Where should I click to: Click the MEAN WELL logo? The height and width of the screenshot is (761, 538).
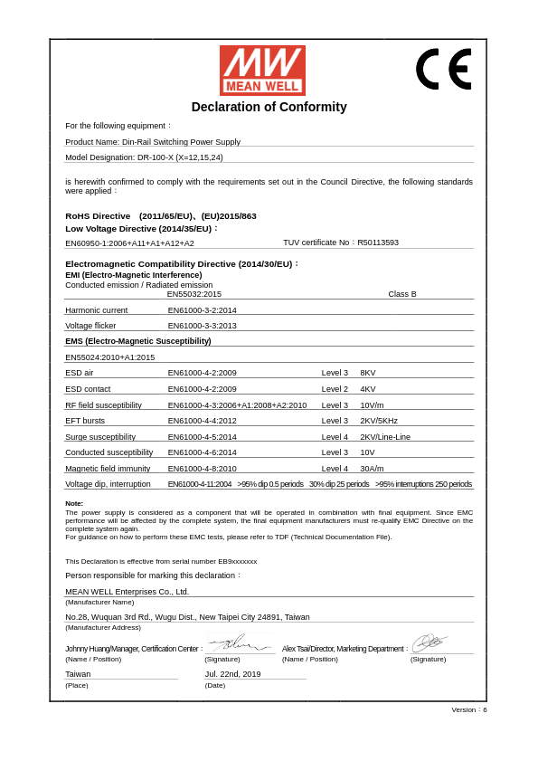pos(262,71)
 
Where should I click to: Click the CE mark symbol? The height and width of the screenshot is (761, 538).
pos(443,69)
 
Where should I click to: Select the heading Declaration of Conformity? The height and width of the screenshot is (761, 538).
pos(269,107)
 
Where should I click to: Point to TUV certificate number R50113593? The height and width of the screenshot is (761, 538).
pos(378,243)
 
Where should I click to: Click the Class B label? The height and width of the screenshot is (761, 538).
pos(402,294)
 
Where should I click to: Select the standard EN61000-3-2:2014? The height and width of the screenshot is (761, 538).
pos(202,310)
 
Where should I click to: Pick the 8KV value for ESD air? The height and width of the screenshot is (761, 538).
pos(368,373)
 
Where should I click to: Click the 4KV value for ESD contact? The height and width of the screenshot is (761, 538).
pos(368,389)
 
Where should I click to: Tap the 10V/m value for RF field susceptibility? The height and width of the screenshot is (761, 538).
pos(372,405)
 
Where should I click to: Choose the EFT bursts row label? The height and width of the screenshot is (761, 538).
pos(85,421)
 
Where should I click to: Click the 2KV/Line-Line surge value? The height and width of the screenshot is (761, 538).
pos(385,437)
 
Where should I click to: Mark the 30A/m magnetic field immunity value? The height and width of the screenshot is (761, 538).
pos(372,469)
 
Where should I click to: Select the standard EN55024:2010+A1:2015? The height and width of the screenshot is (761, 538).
pos(109,357)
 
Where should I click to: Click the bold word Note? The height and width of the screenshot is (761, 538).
pos(74,503)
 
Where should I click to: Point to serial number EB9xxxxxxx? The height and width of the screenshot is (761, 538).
pos(237,561)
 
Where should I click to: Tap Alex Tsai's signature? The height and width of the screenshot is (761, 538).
pos(429,643)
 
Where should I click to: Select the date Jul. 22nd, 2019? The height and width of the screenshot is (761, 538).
pos(232,674)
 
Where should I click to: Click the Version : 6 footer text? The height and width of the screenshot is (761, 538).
pos(469,709)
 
